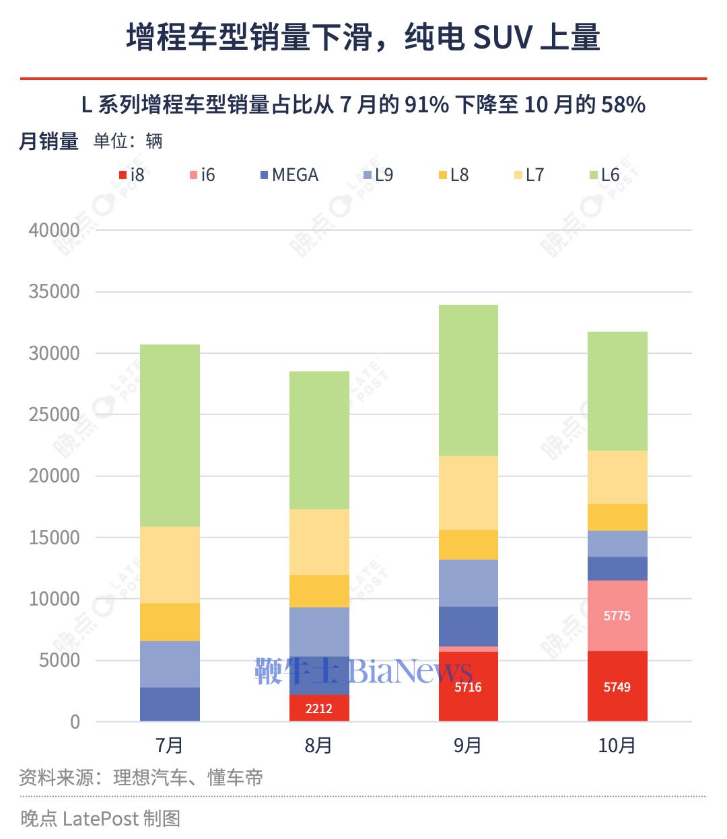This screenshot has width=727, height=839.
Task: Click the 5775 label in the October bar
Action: pyautogui.click(x=617, y=616)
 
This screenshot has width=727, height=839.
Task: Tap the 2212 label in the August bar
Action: pyautogui.click(x=318, y=708)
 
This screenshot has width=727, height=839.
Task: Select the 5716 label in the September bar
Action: pyautogui.click(x=468, y=688)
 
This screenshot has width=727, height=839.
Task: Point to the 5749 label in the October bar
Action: pyautogui.click(x=617, y=688)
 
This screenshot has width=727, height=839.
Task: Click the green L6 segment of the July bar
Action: pyautogui.click(x=170, y=435)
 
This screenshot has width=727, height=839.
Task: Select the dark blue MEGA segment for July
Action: pyautogui.click(x=170, y=704)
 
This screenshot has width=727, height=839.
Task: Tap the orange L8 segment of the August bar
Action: pyautogui.click(x=319, y=591)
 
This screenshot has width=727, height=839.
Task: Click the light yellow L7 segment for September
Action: pyautogui.click(x=468, y=493)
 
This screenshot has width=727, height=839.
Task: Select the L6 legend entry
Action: pyautogui.click(x=604, y=175)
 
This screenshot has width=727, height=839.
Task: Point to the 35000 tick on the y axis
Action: pyautogui.click(x=55, y=291)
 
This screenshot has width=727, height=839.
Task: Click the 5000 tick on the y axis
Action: pyautogui.click(x=60, y=660)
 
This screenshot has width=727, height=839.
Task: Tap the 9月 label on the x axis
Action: pyautogui.click(x=468, y=745)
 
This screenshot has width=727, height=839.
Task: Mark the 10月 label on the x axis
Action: pyautogui.click(x=617, y=745)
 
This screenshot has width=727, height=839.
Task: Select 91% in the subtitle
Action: pyautogui.click(x=427, y=104)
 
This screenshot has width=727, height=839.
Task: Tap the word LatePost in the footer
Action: pyautogui.click(x=100, y=818)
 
